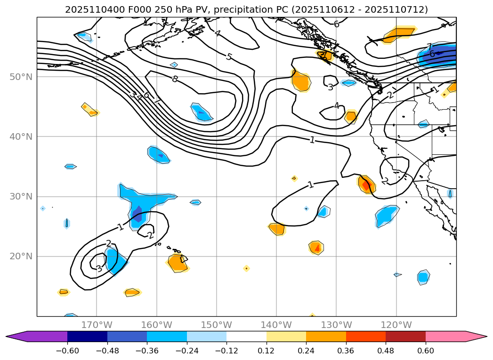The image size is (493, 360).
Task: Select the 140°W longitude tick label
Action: (276, 325)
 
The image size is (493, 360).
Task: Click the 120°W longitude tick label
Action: (396, 325)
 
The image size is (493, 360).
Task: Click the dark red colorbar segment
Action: (405, 336)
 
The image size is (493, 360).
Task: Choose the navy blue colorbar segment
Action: (87, 336)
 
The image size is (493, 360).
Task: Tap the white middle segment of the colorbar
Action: (246, 336)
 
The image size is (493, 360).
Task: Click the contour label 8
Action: (175, 79)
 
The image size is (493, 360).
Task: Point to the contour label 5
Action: (229, 57)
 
